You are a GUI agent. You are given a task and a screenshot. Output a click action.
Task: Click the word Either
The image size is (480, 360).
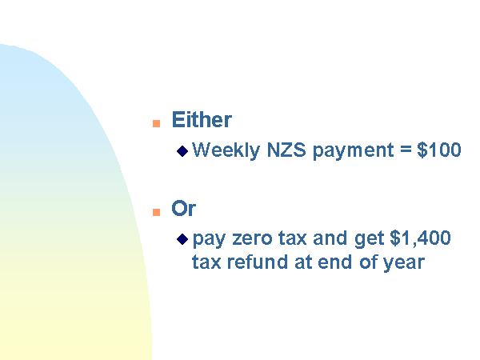tap(202, 119)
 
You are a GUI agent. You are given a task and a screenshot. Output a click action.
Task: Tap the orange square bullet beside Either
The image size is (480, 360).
tap(157, 123)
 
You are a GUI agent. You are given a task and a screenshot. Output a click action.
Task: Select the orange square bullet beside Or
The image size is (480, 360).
tap(157, 212)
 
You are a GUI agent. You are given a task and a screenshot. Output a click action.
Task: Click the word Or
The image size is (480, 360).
tap(184, 209)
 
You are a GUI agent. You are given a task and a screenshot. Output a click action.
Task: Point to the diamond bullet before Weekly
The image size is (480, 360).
tap(182, 151)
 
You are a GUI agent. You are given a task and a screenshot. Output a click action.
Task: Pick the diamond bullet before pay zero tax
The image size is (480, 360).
tap(182, 239)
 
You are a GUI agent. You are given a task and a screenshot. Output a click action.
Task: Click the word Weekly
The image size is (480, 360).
tap(226, 150)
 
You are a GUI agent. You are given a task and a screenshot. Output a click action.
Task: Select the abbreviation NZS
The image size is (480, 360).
tap(286, 150)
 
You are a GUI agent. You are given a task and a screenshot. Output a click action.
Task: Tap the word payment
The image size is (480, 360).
tap(354, 151)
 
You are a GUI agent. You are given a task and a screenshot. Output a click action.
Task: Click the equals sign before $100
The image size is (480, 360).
tap(406, 150)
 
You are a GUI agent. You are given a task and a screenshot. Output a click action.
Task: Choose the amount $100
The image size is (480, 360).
tap(439, 150)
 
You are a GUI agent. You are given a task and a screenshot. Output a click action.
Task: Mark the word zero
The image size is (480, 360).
tap(252, 238)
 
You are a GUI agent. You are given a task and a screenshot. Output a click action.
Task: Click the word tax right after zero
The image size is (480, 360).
tap(292, 238)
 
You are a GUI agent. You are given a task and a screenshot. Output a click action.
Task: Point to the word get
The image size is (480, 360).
tap(369, 238)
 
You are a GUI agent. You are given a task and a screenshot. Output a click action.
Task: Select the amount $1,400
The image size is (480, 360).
tap(420, 238)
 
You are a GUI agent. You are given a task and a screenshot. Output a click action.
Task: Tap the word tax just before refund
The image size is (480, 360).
tap(206, 262)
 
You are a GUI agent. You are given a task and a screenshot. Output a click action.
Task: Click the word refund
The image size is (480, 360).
tap(258, 262)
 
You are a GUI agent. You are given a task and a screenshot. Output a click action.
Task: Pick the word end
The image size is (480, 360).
tap(335, 262)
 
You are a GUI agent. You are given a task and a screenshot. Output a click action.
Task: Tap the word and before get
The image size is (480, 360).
tap(330, 238)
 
